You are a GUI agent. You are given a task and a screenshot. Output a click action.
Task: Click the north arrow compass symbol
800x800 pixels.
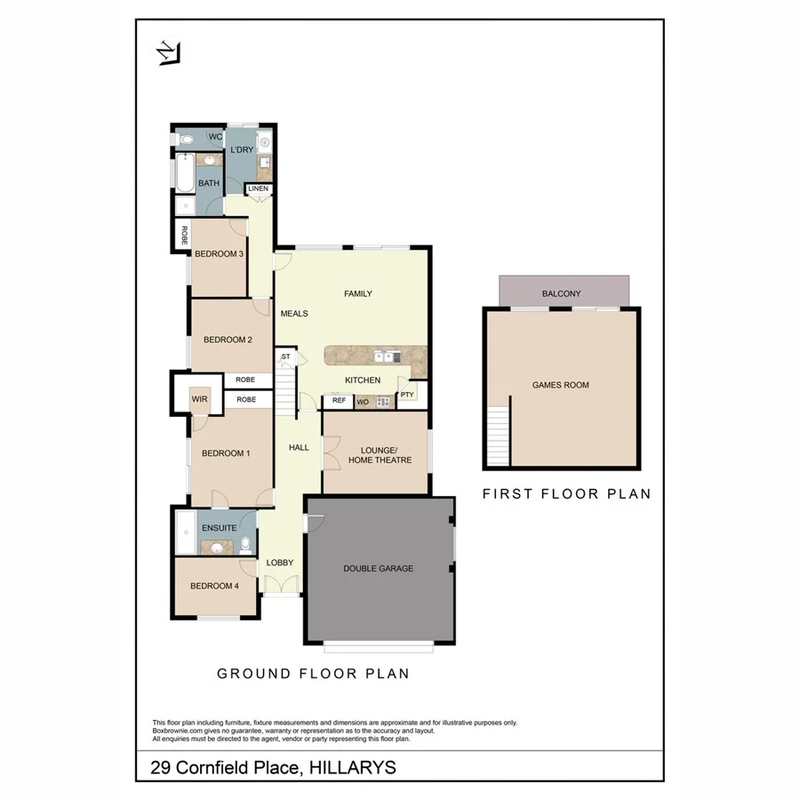coord(168,54)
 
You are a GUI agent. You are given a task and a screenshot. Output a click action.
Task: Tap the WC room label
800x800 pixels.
coord(214,138)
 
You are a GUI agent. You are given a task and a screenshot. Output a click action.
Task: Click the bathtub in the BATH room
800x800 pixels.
coord(182,172)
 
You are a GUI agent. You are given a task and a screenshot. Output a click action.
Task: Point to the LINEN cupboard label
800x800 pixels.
coord(258,188)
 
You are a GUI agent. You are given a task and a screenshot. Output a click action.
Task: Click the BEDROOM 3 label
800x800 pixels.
coord(219,254)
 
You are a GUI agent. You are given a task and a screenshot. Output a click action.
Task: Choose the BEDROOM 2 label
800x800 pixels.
coord(228,340)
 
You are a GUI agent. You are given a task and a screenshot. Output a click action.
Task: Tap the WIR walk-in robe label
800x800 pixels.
coord(200,399)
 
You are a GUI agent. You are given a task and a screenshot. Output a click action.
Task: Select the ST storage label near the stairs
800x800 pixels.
coord(285,357)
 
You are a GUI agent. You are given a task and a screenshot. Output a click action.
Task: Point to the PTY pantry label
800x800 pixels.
coord(406,395)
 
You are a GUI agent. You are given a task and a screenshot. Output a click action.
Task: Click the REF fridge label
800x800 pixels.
coord(339,401)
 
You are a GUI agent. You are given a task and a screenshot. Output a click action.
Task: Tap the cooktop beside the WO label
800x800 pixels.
coord(383,402)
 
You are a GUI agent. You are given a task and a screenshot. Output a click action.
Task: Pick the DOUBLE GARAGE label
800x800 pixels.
coord(378,568)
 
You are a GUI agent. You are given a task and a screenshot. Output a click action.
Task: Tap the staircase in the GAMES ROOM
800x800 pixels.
coord(499,435)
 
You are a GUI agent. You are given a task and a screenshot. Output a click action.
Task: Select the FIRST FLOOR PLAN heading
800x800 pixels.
coord(566,493)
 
